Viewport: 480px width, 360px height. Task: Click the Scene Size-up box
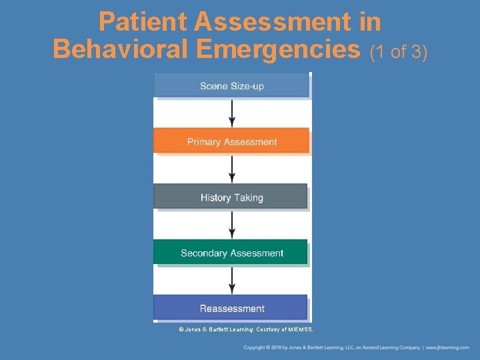tap(231, 86)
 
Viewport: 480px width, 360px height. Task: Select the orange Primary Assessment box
tap(231, 141)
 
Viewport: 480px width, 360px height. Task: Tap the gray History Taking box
tap(231, 197)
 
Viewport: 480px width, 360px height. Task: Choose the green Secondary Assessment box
tap(231, 253)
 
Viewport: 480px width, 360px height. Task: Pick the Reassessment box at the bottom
tap(231, 308)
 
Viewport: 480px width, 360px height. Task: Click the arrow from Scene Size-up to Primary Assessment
tap(232, 113)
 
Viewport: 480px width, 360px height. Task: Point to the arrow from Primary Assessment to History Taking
tap(232, 169)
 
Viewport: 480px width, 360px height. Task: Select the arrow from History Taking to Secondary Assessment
tap(232, 225)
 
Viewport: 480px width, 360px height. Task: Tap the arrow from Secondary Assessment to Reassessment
tap(232, 281)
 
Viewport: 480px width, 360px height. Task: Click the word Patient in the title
tap(143, 23)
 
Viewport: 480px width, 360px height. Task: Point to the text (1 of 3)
tap(397, 51)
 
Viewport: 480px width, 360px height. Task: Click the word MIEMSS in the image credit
tap(298, 329)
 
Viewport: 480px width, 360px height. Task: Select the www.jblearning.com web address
tap(447, 347)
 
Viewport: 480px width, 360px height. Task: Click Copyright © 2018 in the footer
tap(263, 347)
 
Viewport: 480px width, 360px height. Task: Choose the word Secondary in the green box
tap(203, 253)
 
